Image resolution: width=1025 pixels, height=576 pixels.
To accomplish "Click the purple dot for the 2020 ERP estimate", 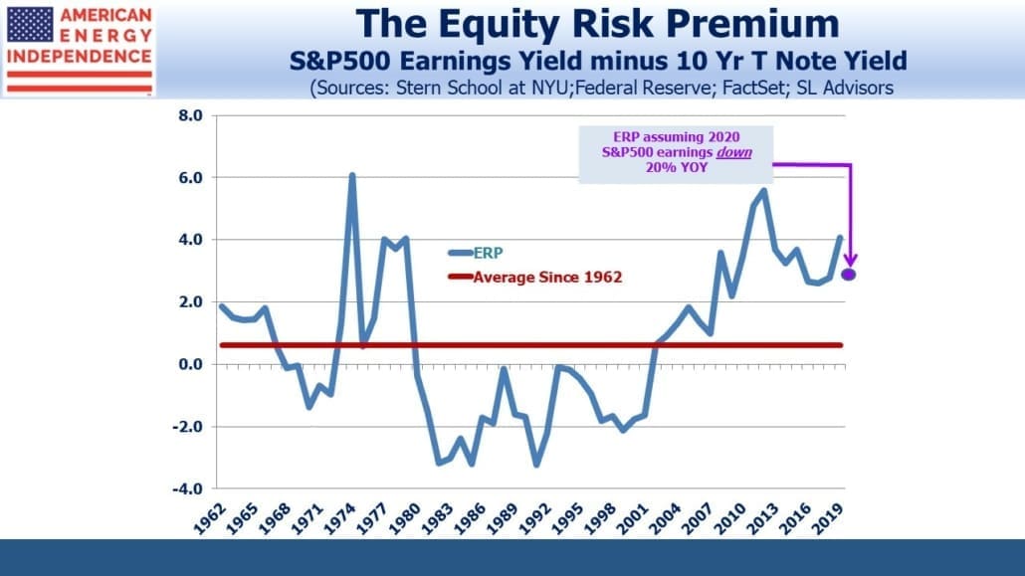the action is point(849,275).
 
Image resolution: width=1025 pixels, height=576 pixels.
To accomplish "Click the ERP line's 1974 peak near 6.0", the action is point(352,175).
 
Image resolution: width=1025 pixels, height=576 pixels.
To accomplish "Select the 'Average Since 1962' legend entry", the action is point(534,278).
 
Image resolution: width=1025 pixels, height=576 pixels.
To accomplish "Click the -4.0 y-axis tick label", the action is point(187,488).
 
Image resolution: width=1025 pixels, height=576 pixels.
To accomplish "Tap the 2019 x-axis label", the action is point(828,518).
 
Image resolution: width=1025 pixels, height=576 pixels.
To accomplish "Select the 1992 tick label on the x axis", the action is point(535,518).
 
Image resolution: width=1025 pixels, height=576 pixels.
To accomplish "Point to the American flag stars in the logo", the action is point(30,24).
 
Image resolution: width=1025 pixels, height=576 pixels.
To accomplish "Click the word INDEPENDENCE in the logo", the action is point(79,57).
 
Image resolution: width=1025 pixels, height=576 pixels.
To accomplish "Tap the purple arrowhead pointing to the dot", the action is point(850,261).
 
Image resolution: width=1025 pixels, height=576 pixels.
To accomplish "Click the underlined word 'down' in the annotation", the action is point(734,152).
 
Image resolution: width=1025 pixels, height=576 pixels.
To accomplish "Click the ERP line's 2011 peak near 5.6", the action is point(763,191).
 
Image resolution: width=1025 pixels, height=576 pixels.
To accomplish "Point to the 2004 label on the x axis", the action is point(666,518).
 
